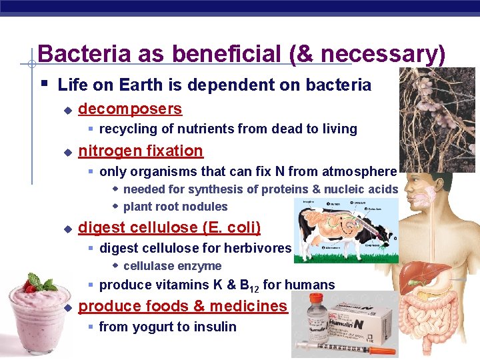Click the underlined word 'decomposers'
point(130,109)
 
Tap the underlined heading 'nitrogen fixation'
point(141,151)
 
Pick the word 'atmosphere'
point(359,171)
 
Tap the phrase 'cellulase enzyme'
point(172,266)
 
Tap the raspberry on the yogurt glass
point(29,287)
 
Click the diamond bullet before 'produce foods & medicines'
point(67,308)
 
